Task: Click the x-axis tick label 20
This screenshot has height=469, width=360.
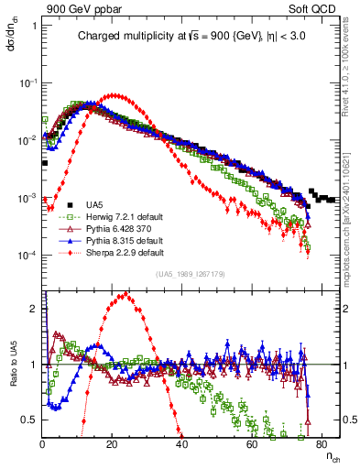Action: [x=112, y=444]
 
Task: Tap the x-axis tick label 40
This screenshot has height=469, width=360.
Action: [x=182, y=444]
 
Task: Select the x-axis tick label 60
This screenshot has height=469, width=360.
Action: [x=252, y=444]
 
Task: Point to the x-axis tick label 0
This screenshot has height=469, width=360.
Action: [x=42, y=444]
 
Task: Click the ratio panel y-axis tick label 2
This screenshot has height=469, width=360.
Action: [x=34, y=309]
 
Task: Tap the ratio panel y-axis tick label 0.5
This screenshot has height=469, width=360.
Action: [x=31, y=420]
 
